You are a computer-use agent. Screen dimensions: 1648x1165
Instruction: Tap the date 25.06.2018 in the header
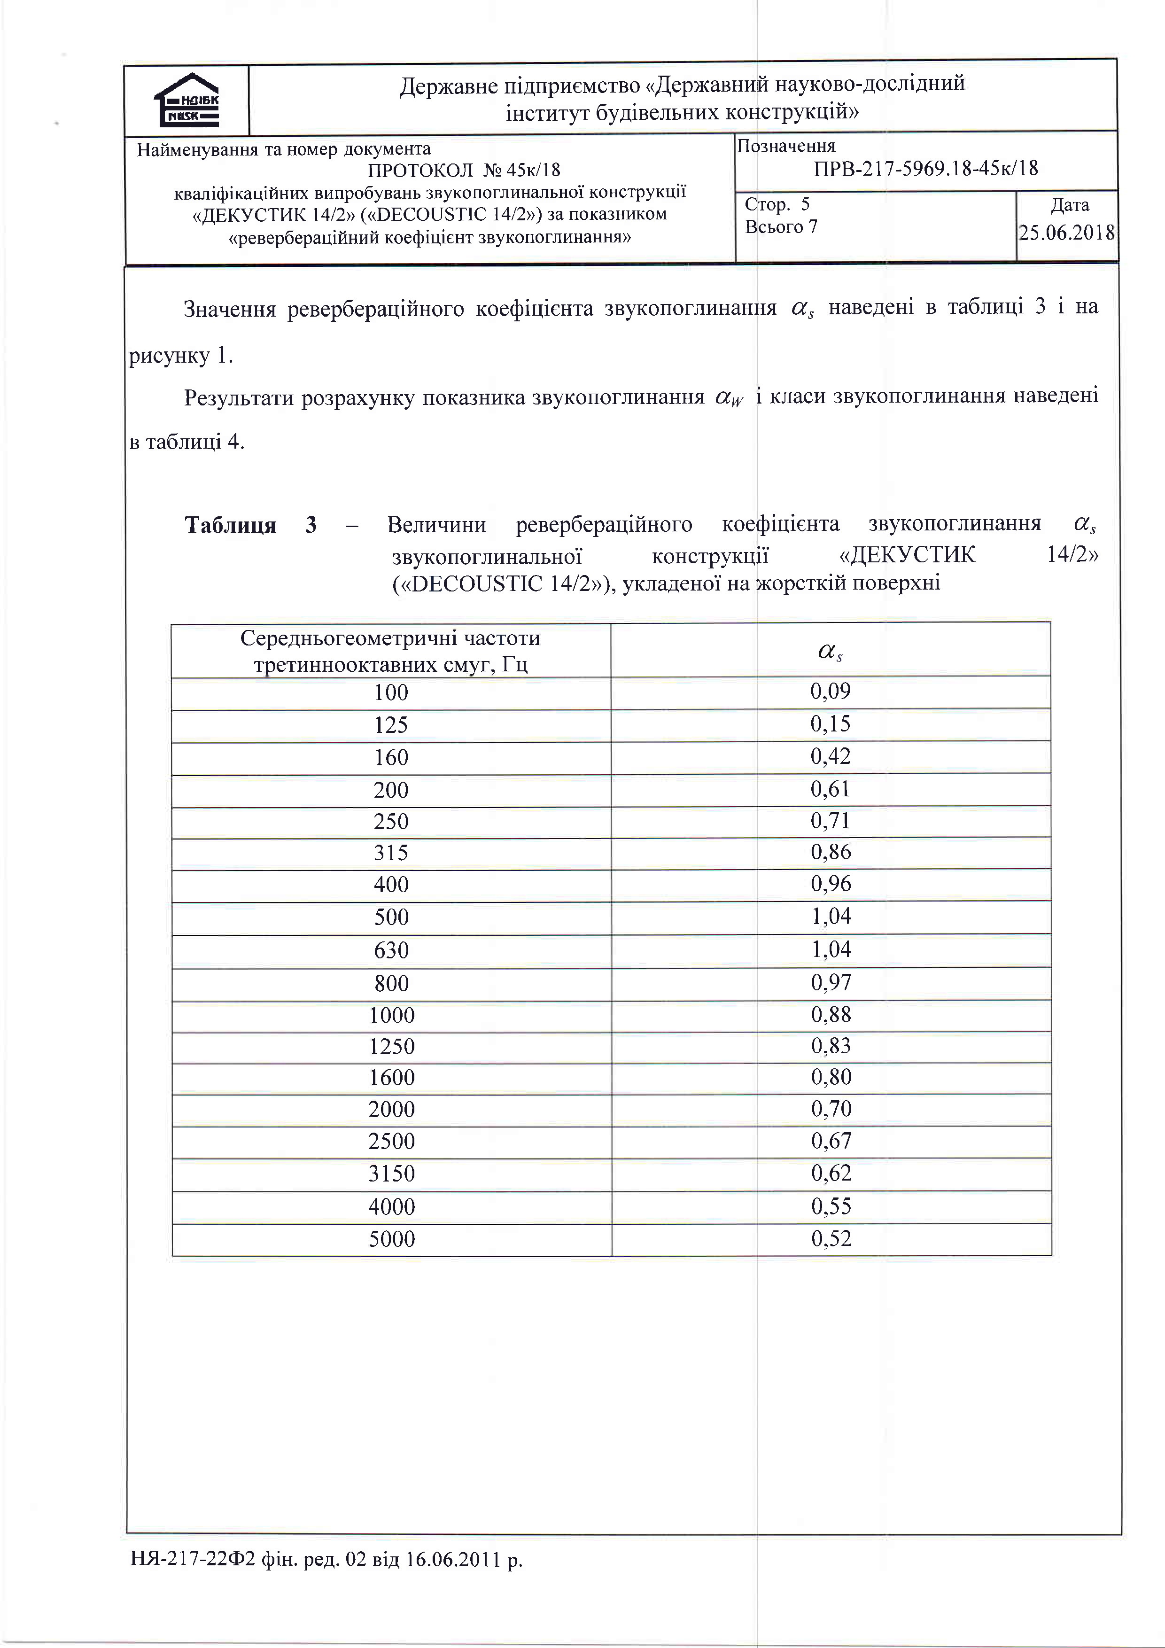pos(1067,233)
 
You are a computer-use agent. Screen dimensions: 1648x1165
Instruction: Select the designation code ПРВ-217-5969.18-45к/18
pos(925,169)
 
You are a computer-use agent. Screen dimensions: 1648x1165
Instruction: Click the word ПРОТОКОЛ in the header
pos(420,170)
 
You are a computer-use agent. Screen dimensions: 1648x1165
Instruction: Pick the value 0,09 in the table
pos(831,691)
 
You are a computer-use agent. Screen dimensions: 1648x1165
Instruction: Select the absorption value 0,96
pos(831,884)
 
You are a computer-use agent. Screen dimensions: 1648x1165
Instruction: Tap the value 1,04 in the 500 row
pos(831,917)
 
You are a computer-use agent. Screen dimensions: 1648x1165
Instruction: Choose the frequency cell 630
pos(391,950)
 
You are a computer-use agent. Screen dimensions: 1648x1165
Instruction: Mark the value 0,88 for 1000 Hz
pos(831,1014)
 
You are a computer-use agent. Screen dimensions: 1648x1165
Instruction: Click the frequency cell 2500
pos(391,1141)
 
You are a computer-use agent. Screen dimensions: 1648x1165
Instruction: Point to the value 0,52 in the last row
pos(831,1238)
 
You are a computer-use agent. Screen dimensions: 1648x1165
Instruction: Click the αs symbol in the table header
pos(830,651)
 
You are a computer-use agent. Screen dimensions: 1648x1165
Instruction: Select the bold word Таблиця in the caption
pos(230,525)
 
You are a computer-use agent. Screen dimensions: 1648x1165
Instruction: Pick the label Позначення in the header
pos(786,147)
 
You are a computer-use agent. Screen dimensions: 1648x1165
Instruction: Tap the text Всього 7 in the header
pos(781,227)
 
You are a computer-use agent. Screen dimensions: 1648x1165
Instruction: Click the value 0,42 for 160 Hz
pos(831,756)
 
